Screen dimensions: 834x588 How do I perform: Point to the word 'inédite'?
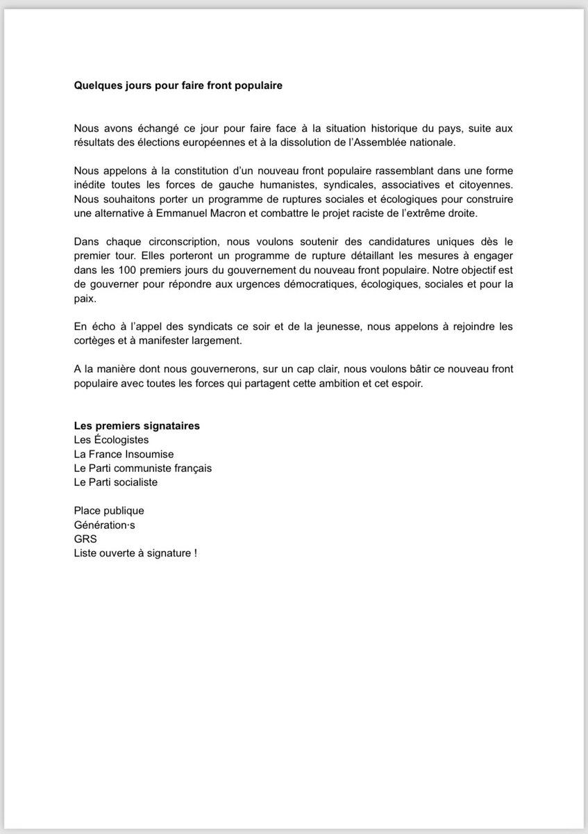point(92,184)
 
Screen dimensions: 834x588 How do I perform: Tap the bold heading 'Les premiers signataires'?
point(137,425)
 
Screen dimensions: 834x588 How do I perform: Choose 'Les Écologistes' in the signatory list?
point(111,439)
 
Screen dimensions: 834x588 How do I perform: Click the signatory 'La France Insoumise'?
point(124,454)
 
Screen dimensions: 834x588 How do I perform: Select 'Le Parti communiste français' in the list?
point(143,468)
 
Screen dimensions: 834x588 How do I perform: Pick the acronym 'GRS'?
point(86,539)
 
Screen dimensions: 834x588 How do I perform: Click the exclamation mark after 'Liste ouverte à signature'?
point(196,553)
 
